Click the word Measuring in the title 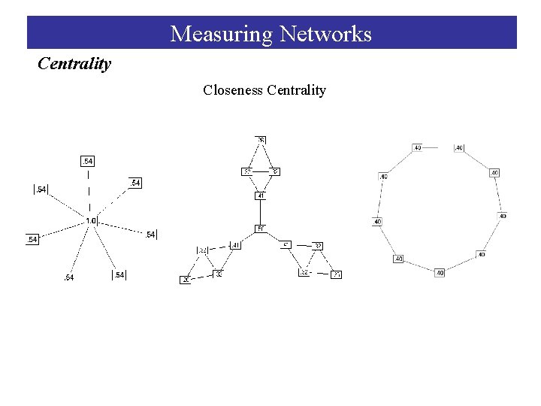[221, 34]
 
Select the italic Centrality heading [74, 64]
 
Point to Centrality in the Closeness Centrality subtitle [296, 90]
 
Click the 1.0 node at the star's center [91, 220]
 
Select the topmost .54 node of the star [88, 162]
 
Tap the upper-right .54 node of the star [134, 183]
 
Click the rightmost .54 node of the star [150, 235]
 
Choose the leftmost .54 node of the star [32, 239]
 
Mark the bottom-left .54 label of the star [69, 278]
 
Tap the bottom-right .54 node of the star [119, 275]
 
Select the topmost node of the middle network [261, 140]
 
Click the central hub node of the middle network [261, 228]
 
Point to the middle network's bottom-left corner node [186, 280]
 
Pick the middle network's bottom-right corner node [337, 274]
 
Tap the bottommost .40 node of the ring [440, 272]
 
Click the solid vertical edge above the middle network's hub [261, 212]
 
